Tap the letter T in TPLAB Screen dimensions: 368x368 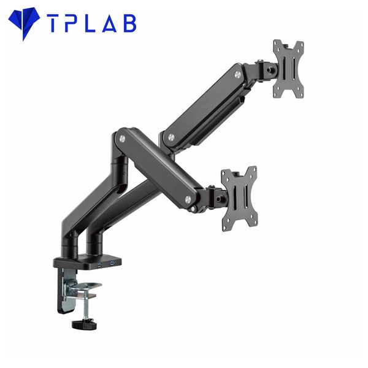point(53,24)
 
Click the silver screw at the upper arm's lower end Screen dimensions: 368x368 point(171,136)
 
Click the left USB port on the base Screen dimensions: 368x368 point(98,264)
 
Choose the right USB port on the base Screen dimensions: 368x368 point(112,264)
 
